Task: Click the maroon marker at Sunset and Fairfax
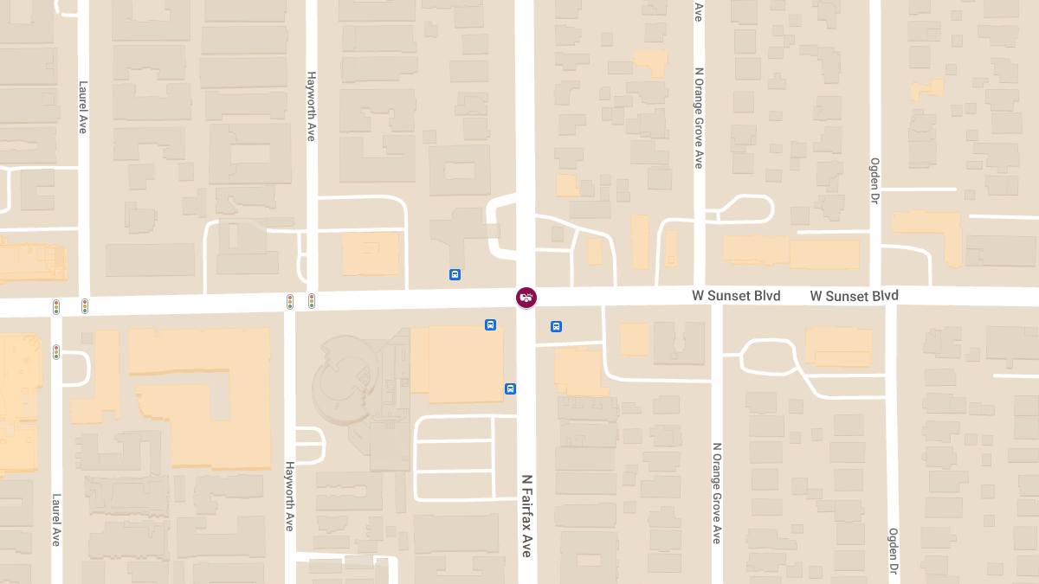point(526,298)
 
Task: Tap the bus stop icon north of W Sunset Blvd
point(455,274)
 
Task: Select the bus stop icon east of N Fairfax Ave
point(556,326)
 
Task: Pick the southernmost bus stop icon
point(510,388)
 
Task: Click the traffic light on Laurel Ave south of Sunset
point(56,352)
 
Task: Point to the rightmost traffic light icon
point(312,301)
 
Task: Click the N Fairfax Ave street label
point(526,515)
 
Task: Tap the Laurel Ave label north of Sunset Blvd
point(83,106)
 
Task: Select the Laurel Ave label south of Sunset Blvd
point(56,519)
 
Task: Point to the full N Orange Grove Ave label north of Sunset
point(699,118)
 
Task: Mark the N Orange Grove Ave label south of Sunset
point(717,493)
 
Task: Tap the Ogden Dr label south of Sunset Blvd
point(893,551)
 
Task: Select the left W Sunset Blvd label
point(736,296)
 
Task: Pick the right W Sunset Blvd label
point(854,296)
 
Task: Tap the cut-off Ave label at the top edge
point(699,10)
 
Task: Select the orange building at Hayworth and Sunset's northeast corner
point(371,253)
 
